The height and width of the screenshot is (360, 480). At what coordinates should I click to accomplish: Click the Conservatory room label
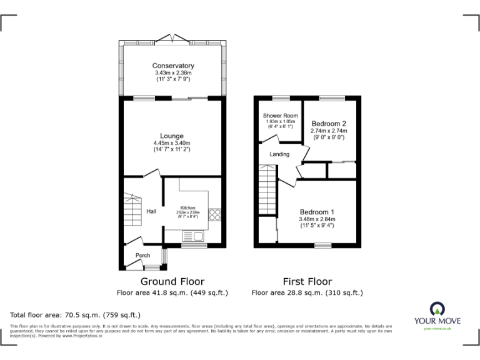(x=173, y=66)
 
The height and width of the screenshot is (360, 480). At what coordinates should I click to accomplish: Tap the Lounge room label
(x=171, y=136)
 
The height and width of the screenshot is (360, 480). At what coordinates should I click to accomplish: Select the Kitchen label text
(x=188, y=207)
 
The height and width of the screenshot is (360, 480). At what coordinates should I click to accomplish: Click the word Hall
(x=151, y=212)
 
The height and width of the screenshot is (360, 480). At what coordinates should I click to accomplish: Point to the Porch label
(x=142, y=255)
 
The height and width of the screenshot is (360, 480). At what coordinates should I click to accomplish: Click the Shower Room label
(x=280, y=116)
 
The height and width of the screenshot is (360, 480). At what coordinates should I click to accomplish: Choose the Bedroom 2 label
(x=329, y=124)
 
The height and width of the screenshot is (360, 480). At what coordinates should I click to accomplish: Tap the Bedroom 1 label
(x=317, y=211)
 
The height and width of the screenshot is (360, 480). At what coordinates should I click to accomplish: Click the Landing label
(x=279, y=154)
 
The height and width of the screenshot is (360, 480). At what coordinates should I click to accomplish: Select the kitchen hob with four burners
(x=214, y=214)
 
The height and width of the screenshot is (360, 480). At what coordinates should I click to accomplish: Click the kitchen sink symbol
(x=193, y=236)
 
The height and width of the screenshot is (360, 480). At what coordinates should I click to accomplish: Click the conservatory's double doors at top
(x=173, y=39)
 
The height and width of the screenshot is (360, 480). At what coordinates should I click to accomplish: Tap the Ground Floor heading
(x=172, y=282)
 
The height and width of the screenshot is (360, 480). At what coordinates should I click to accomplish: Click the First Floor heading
(x=307, y=282)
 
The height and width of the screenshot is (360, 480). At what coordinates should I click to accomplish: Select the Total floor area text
(x=76, y=315)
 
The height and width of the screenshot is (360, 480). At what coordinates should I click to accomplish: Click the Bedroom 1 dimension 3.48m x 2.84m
(x=317, y=219)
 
